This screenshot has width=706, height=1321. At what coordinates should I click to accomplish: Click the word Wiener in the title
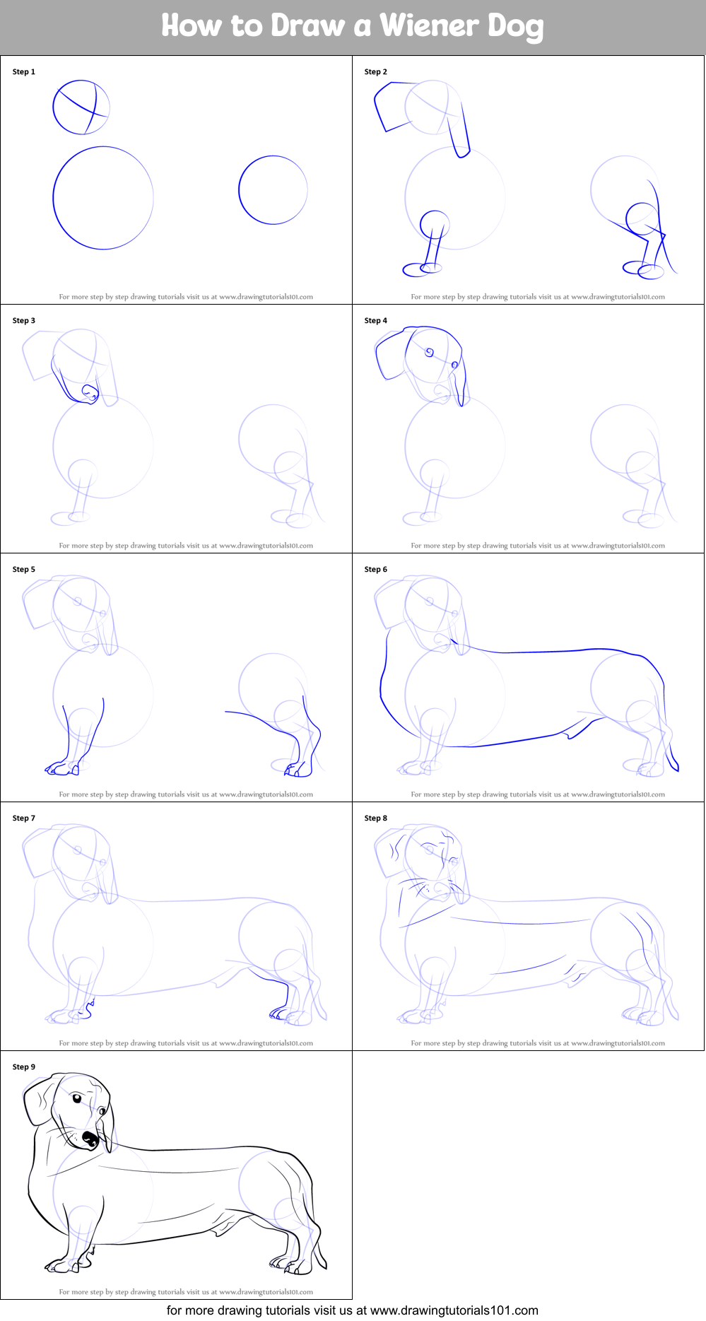coord(430,26)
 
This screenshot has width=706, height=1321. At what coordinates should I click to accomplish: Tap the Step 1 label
coord(23,71)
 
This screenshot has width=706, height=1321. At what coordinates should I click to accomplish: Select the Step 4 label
coord(375,320)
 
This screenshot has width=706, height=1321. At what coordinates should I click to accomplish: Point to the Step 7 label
coord(23,818)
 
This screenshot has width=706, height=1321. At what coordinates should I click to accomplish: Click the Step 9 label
coord(23,1067)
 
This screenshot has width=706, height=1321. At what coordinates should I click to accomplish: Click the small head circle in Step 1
coord(81,107)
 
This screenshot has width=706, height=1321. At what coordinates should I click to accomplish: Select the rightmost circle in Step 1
coord(273,190)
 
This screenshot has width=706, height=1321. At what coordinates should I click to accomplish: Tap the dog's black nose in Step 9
coord(90,1138)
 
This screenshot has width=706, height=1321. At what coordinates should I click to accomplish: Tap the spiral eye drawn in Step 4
coord(429,352)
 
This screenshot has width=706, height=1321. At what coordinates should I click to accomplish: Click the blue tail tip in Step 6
coord(676,768)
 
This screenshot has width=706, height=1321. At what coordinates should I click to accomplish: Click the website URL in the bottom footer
coord(454,1310)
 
